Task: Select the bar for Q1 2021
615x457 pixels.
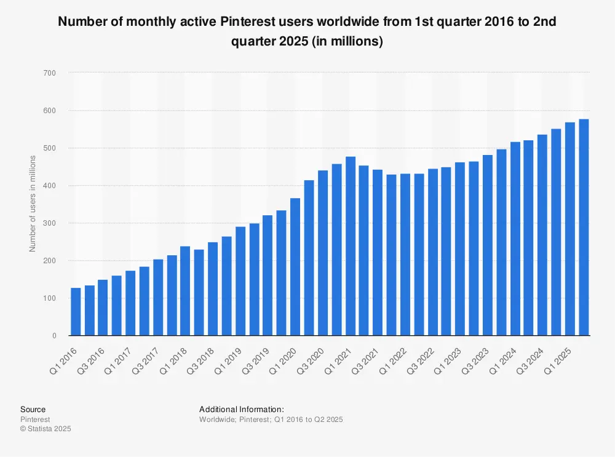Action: [x=351, y=246]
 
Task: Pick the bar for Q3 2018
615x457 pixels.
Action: [x=213, y=289]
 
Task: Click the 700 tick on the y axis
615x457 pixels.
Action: [x=49, y=73]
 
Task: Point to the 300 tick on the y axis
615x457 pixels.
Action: [x=49, y=223]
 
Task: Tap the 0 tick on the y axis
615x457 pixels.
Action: [x=54, y=336]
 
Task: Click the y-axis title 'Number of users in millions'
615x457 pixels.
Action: [x=33, y=204]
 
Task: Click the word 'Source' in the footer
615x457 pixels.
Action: [x=33, y=409]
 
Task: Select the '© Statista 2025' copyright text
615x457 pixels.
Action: [x=46, y=429]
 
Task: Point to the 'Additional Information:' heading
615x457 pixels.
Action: [x=241, y=409]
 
